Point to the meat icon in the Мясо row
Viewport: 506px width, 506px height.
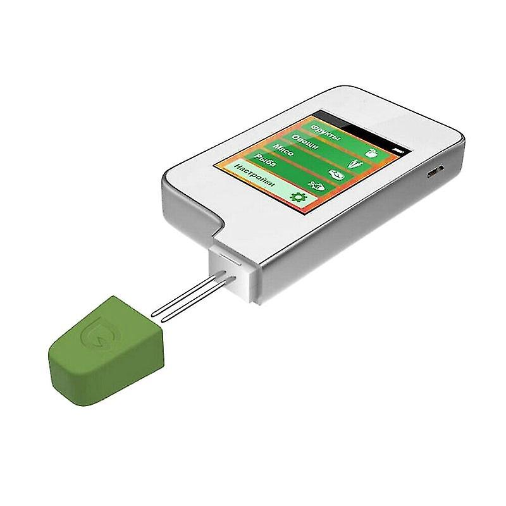pos(335,173)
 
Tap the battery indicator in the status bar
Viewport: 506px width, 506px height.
pos(397,149)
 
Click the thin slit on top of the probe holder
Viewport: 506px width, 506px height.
pos(231,259)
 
